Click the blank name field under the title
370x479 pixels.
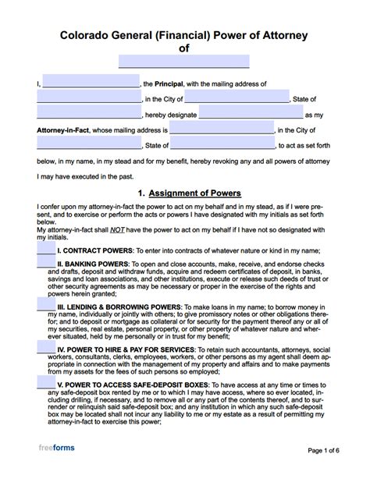[184, 61]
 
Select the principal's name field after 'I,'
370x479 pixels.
[91, 83]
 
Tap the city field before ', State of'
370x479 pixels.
[237, 98]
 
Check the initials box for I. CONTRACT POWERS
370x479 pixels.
[46, 250]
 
